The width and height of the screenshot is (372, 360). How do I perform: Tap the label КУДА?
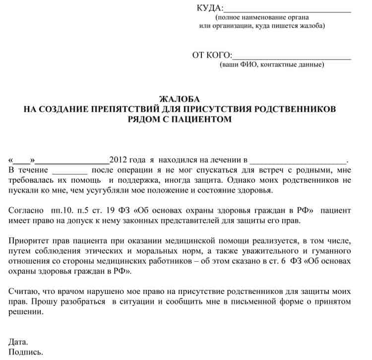[210, 8]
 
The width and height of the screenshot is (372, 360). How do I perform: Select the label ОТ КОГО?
[212, 55]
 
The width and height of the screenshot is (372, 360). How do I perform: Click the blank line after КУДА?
[288, 10]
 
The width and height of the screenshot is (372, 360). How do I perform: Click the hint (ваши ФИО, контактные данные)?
[272, 65]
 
